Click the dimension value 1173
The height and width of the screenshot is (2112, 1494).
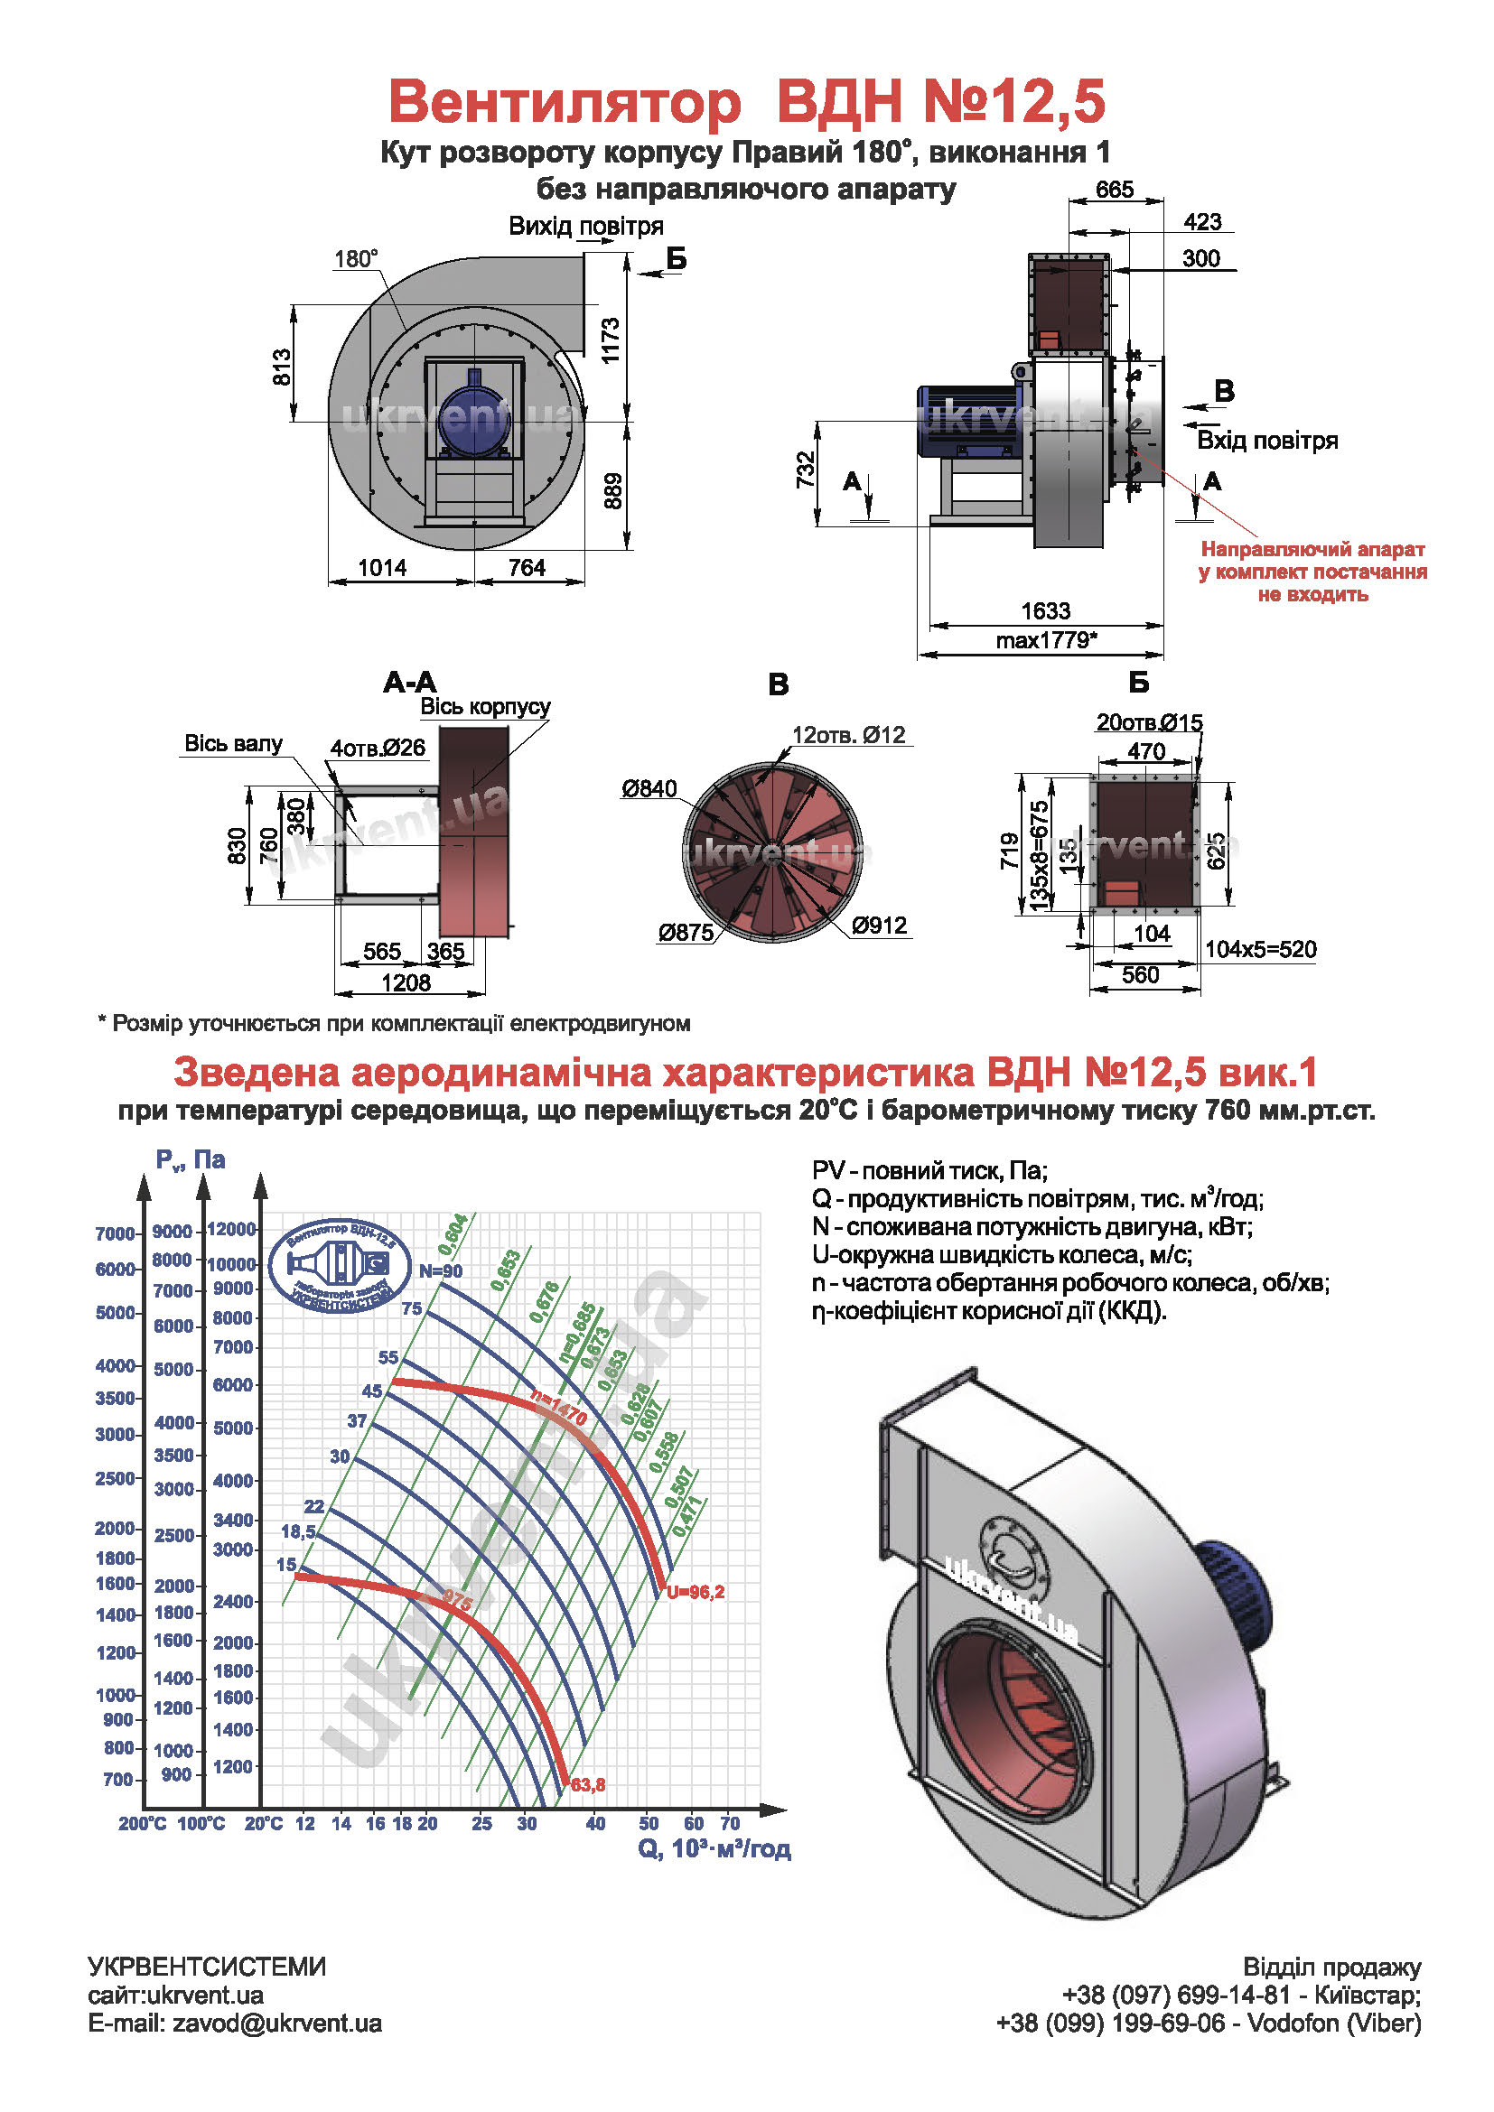tap(611, 340)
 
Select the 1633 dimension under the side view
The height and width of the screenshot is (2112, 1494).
tap(1045, 610)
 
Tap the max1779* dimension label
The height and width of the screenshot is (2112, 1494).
tap(1046, 640)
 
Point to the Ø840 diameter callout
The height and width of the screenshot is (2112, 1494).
tap(649, 789)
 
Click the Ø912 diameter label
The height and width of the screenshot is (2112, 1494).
tap(879, 926)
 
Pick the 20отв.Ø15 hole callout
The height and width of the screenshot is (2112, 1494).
tap(1149, 723)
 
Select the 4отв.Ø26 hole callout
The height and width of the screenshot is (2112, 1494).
tap(378, 748)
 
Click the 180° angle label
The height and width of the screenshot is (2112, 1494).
tap(355, 259)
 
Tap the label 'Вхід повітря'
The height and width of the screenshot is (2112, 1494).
tap(1266, 441)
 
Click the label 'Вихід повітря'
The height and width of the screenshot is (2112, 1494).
tap(585, 227)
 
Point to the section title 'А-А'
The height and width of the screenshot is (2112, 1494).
tap(410, 683)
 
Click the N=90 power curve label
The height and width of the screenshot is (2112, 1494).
tap(441, 1271)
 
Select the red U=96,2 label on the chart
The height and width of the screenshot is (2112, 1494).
tap(696, 1592)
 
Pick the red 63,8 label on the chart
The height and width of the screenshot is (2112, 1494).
tap(588, 1785)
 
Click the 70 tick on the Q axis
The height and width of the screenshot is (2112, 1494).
tap(730, 1823)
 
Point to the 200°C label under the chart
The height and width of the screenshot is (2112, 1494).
tap(143, 1824)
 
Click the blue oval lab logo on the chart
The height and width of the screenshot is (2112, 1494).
tap(341, 1266)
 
